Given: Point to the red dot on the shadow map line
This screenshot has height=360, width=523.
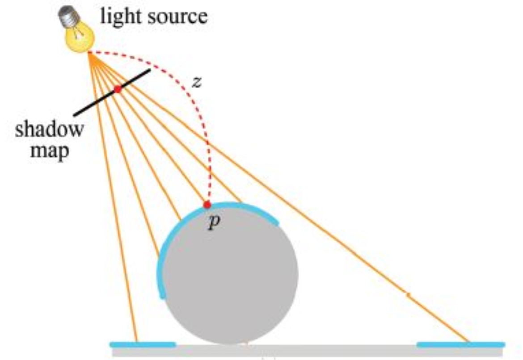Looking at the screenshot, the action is pyautogui.click(x=118, y=89).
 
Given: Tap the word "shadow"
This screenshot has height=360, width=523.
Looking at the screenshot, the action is pyautogui.click(x=49, y=130).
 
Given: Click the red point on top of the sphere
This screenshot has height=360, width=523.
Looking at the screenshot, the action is pyautogui.click(x=207, y=205).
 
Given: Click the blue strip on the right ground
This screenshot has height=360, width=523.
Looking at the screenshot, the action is pyautogui.click(x=460, y=344).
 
